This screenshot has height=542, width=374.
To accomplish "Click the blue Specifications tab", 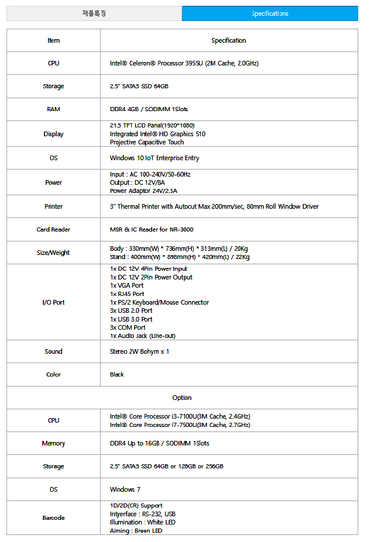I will [x=270, y=13].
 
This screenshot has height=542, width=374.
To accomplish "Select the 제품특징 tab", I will [x=94, y=13].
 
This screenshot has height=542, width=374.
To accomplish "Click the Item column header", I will [x=53, y=40].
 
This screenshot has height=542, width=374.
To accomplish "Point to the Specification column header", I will [x=228, y=40].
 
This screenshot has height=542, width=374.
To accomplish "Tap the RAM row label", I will [x=53, y=109].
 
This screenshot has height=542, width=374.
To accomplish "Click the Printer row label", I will [x=53, y=206].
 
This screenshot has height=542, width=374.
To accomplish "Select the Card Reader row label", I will [x=53, y=230].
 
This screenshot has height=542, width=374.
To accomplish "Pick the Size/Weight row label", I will [x=53, y=253].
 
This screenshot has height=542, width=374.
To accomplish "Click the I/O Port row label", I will [x=53, y=302].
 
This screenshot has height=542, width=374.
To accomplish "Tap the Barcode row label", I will [x=53, y=518].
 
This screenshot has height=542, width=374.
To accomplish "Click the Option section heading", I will [x=182, y=398].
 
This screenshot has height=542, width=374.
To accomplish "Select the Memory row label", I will [x=53, y=444].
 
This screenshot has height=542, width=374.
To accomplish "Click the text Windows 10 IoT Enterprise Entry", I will [x=155, y=158].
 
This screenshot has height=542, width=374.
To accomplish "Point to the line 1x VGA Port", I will [x=126, y=285].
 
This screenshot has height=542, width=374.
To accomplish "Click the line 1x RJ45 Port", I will [x=127, y=294].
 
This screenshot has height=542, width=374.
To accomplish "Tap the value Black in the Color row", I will [x=117, y=374].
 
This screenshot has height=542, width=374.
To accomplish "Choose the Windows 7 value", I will [x=125, y=489].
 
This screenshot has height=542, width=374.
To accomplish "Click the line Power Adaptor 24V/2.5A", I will [x=143, y=191].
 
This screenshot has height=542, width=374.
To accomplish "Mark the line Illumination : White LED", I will [x=142, y=522].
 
